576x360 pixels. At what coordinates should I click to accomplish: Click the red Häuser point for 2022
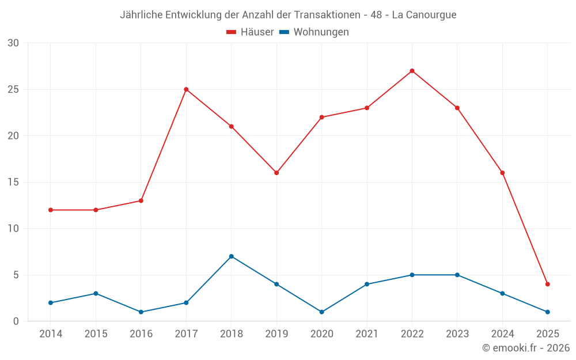pos(412,71)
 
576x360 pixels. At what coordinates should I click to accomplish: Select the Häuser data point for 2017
pos(186,89)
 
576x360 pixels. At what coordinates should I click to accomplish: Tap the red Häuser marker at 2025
pos(547,284)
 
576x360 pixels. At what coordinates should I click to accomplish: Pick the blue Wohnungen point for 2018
pos(231,256)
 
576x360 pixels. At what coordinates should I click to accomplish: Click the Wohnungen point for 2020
pos(321,312)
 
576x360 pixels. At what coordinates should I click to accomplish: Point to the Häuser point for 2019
pos(276,173)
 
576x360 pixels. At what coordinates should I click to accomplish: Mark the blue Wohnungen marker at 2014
pos(51,303)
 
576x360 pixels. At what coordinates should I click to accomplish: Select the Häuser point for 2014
pos(51,210)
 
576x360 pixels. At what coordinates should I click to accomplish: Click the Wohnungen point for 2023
pos(457,275)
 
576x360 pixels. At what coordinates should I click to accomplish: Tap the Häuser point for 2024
pos(502,173)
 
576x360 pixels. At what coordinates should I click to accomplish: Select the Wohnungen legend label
pos(321,32)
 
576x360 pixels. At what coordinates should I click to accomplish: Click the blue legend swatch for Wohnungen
pos(284,32)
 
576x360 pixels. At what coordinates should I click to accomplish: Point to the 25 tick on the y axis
pos(13,90)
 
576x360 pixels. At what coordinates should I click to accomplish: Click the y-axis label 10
pos(13,229)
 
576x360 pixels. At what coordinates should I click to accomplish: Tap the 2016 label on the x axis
pos(141,334)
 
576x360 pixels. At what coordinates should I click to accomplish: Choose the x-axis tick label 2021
pos(367,334)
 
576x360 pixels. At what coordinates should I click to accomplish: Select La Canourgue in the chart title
pos(424,15)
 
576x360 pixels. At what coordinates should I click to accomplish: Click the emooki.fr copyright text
pos(526,348)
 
